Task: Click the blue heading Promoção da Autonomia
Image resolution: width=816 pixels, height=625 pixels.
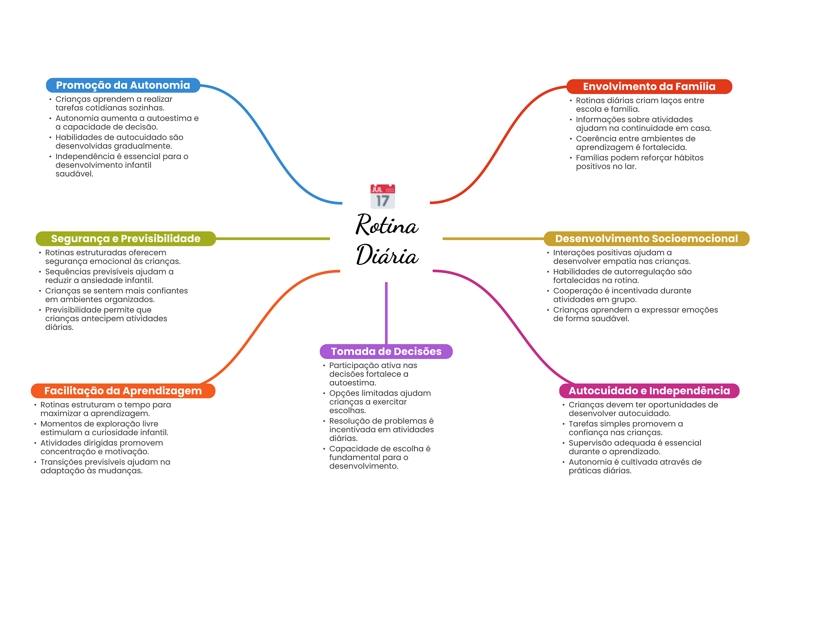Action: [123, 85]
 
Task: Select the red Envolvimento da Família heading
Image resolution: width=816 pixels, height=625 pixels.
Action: [649, 86]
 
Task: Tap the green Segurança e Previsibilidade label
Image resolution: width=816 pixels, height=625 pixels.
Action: [126, 239]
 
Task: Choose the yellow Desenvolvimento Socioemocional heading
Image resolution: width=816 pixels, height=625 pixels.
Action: [647, 239]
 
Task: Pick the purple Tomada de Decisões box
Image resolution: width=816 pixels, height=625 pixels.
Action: [386, 351]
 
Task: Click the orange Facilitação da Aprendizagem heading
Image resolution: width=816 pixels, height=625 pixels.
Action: [123, 391]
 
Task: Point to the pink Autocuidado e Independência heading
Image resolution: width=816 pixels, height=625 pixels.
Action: [649, 391]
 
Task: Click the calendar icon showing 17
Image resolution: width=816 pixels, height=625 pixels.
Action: [382, 196]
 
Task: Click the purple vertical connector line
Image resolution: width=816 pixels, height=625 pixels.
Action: [386, 313]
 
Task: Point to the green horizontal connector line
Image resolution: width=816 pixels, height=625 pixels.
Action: [273, 239]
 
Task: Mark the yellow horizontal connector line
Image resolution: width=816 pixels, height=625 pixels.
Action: [493, 239]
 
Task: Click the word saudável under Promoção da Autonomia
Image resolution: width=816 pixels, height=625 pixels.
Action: [74, 174]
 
